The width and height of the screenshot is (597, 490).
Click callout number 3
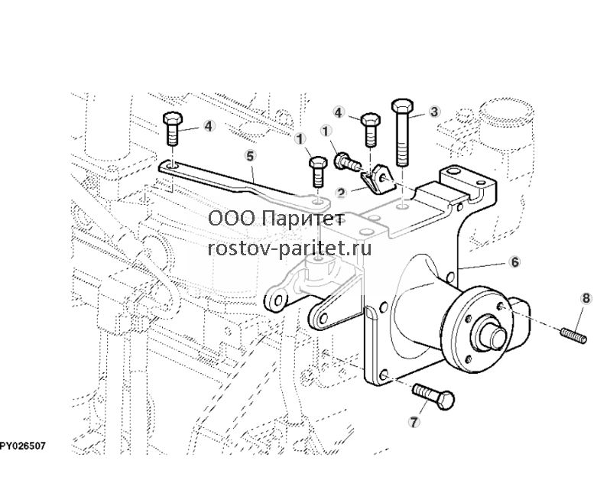point(433,112)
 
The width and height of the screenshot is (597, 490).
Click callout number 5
point(250,156)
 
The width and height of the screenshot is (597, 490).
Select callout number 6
point(514,262)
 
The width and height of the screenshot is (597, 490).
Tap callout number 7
point(414,422)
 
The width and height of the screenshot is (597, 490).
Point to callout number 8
point(586,298)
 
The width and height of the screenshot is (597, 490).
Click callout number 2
point(341,193)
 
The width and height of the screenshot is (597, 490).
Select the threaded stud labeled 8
point(573,336)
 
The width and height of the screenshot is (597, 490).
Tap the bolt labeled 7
point(433,396)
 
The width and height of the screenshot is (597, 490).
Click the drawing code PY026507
point(23,446)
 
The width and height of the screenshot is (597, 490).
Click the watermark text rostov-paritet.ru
point(290,249)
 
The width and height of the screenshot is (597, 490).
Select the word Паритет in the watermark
point(303,219)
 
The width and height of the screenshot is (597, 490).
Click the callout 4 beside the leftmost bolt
point(208,126)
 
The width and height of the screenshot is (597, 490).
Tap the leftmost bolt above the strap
point(173,128)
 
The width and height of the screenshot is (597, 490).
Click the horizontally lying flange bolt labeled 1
point(347,162)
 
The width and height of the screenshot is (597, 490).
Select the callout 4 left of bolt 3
point(339,112)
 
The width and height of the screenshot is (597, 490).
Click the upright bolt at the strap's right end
point(318,172)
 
